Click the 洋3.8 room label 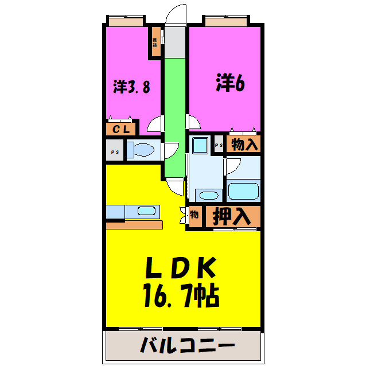tap(132, 87)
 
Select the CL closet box tap(120, 129)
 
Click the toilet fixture tap(141, 150)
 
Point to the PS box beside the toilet tap(114, 151)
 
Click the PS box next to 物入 tap(219, 146)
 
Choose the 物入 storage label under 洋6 tap(244, 145)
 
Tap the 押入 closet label tap(232, 216)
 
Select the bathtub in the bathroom tap(243, 190)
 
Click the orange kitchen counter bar tap(134, 224)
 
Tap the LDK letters tap(179, 268)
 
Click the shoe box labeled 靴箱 tap(155, 42)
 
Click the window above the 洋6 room tap(225, 22)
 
